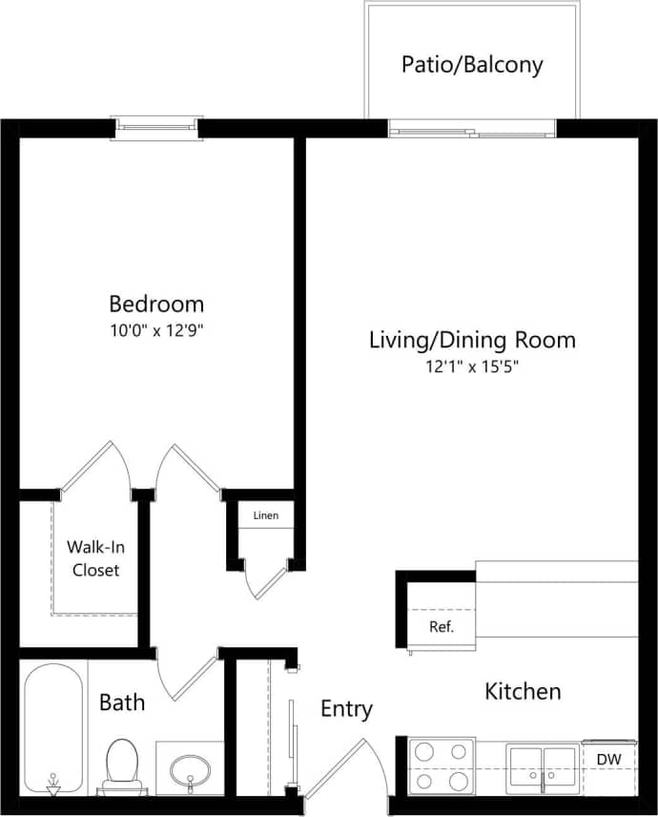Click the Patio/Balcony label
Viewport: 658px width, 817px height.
coord(471,65)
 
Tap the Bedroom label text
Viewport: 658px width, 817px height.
coord(156,304)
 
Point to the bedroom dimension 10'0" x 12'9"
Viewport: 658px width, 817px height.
coord(156,331)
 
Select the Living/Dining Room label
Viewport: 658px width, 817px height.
coord(472,340)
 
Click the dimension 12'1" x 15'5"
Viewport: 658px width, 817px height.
coord(472,367)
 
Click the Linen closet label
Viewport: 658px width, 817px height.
coord(266,516)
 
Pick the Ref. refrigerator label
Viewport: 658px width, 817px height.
coord(441,627)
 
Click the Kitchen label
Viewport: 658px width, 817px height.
coord(523,691)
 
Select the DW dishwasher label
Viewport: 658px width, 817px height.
coord(609,759)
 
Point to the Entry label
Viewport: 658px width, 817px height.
coord(346,709)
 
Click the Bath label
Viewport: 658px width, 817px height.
coord(123,703)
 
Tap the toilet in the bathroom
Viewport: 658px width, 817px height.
coord(121,765)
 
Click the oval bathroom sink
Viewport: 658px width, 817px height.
coord(191,768)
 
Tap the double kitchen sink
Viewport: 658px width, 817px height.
coord(542,766)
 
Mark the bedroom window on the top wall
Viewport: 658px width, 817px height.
coord(157,127)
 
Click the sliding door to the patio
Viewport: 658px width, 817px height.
coord(472,129)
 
